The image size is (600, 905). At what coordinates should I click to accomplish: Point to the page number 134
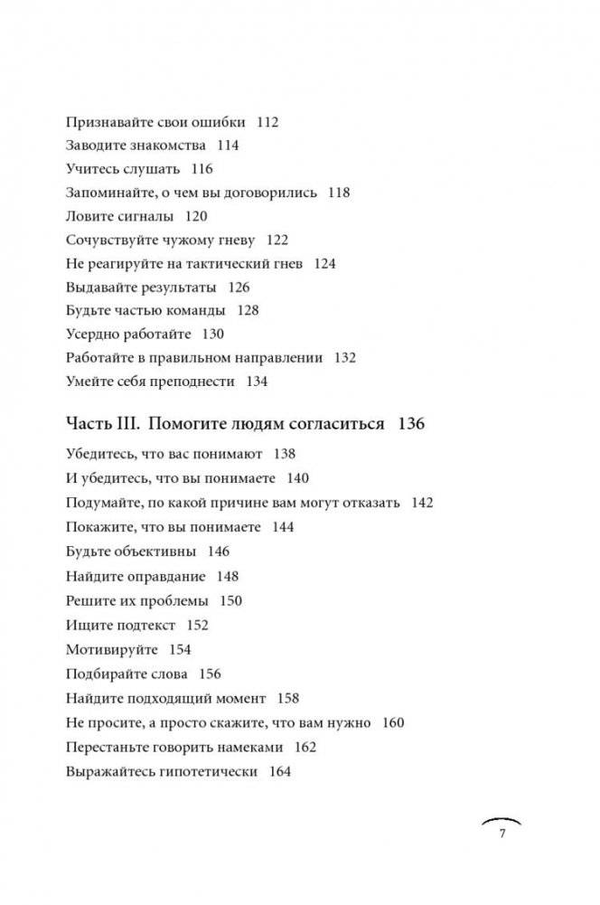[257, 382]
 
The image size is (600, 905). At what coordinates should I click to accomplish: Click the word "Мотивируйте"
[112, 649]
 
